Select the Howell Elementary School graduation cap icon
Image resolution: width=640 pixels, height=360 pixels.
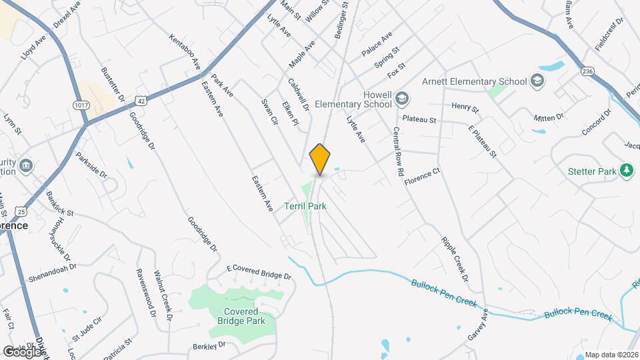coord(402,99)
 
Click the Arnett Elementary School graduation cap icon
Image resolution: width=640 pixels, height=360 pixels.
coord(537,81)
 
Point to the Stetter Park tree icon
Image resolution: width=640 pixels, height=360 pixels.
coord(626,171)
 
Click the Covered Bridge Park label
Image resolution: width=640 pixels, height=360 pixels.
coord(241,316)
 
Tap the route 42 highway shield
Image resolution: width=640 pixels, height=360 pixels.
coord(140,100)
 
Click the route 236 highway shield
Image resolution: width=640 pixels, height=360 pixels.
coord(587,71)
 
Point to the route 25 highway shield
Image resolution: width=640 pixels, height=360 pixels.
coord(22,211)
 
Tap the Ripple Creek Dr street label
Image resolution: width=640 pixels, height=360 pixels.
coord(455,259)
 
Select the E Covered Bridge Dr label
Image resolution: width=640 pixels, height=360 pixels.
coord(259,271)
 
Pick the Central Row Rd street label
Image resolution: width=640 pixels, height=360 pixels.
coord(399,151)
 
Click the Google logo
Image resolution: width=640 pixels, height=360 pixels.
coord(23,351)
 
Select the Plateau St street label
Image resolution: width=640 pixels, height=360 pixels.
coord(423,121)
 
